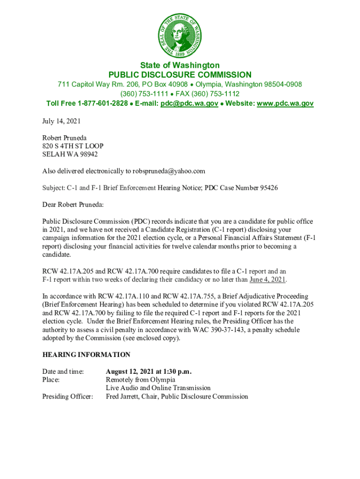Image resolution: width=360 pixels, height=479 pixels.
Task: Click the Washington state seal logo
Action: tap(180, 32)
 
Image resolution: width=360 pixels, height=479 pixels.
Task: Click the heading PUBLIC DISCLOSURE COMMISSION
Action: tap(180, 75)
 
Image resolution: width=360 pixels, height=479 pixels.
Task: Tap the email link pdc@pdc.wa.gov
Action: tap(189, 103)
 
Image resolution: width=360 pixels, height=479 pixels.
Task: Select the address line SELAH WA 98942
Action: tap(70, 154)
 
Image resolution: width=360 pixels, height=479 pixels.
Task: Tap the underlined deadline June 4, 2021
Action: tap(267, 280)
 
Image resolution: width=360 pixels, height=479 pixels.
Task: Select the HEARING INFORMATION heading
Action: tap(86, 355)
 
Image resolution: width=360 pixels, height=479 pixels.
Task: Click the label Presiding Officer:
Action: tap(67, 397)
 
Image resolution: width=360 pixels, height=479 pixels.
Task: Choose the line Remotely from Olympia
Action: tap(140, 379)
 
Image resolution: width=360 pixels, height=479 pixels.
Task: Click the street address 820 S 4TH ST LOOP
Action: tap(72, 146)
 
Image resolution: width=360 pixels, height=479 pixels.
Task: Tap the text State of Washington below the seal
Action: tap(180, 65)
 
